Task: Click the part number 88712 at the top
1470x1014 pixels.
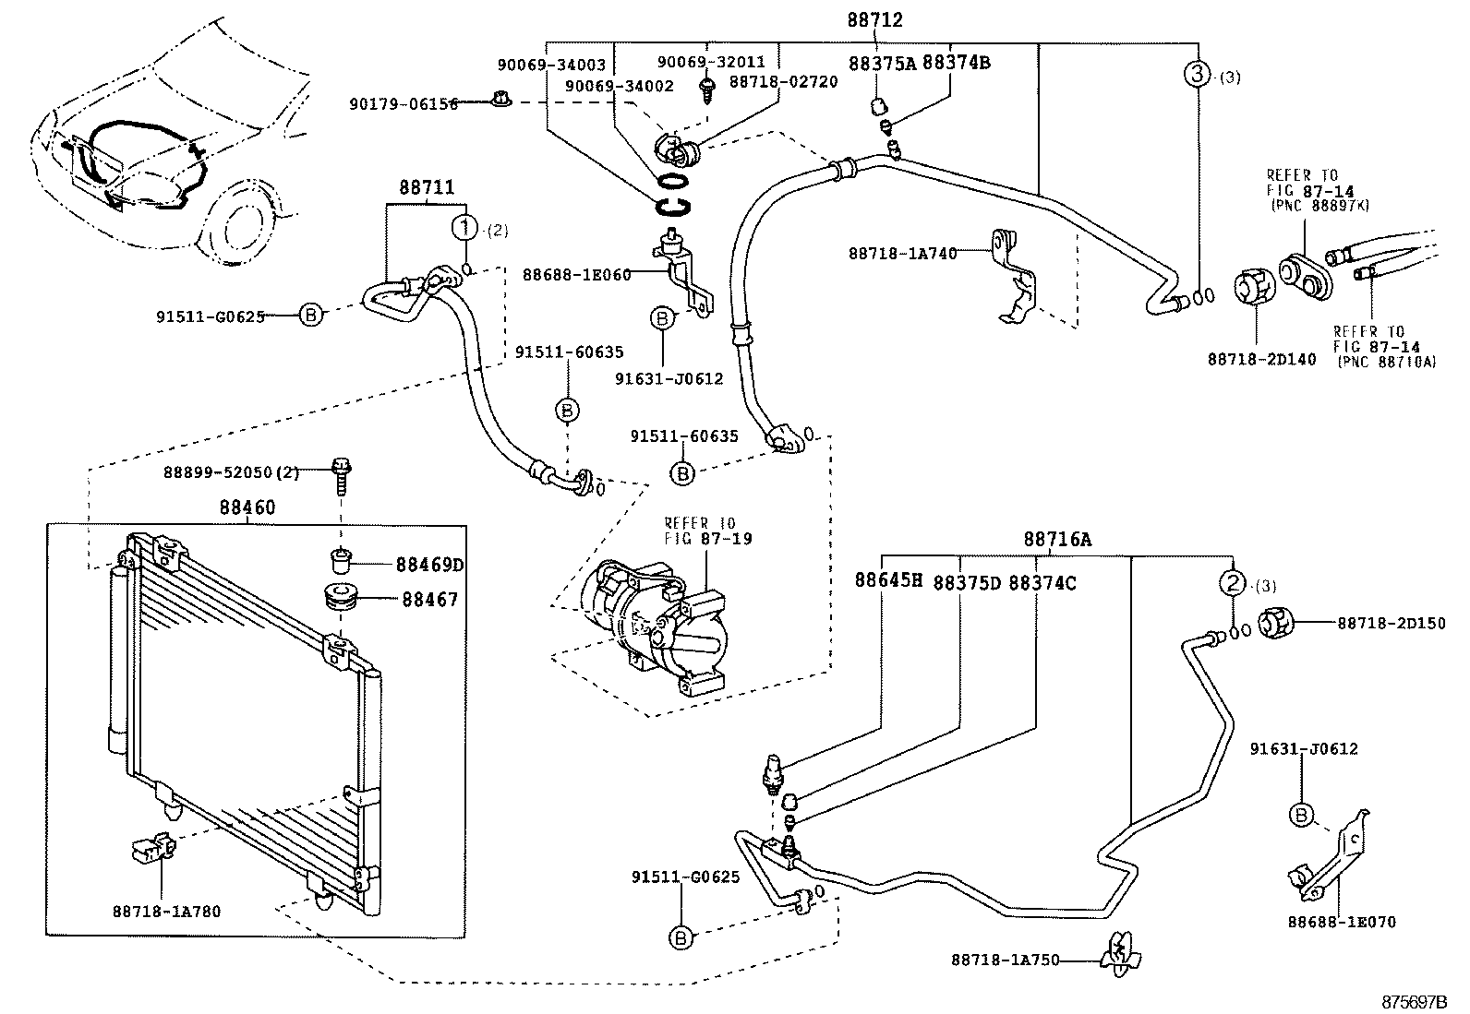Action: [874, 19]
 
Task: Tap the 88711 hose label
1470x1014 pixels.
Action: [427, 187]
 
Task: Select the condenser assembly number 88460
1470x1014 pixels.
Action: [247, 507]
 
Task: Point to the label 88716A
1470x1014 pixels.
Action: [1057, 539]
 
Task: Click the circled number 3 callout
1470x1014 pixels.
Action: [1197, 74]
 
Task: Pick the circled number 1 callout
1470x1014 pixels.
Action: [465, 228]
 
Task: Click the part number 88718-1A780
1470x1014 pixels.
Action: [167, 911]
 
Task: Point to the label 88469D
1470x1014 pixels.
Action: [430, 565]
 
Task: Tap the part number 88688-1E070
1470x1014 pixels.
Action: [1342, 922]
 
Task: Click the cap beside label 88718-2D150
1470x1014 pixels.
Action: [1276, 623]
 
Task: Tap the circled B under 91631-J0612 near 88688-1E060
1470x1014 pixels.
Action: [661, 318]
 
